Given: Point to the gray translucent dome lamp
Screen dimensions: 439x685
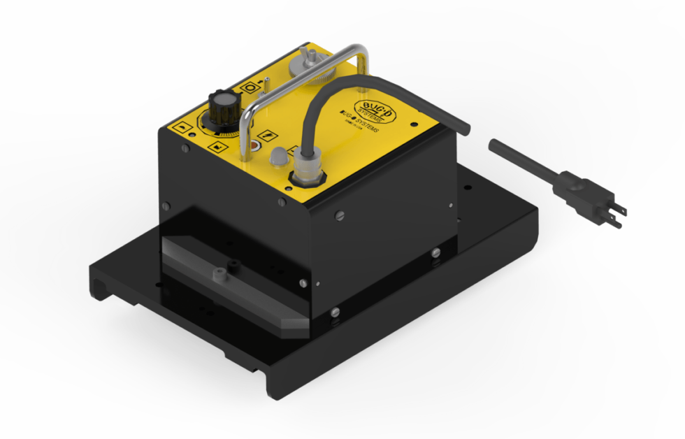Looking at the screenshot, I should coord(277,155).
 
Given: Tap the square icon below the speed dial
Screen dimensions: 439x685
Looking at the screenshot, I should coord(218,147).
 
